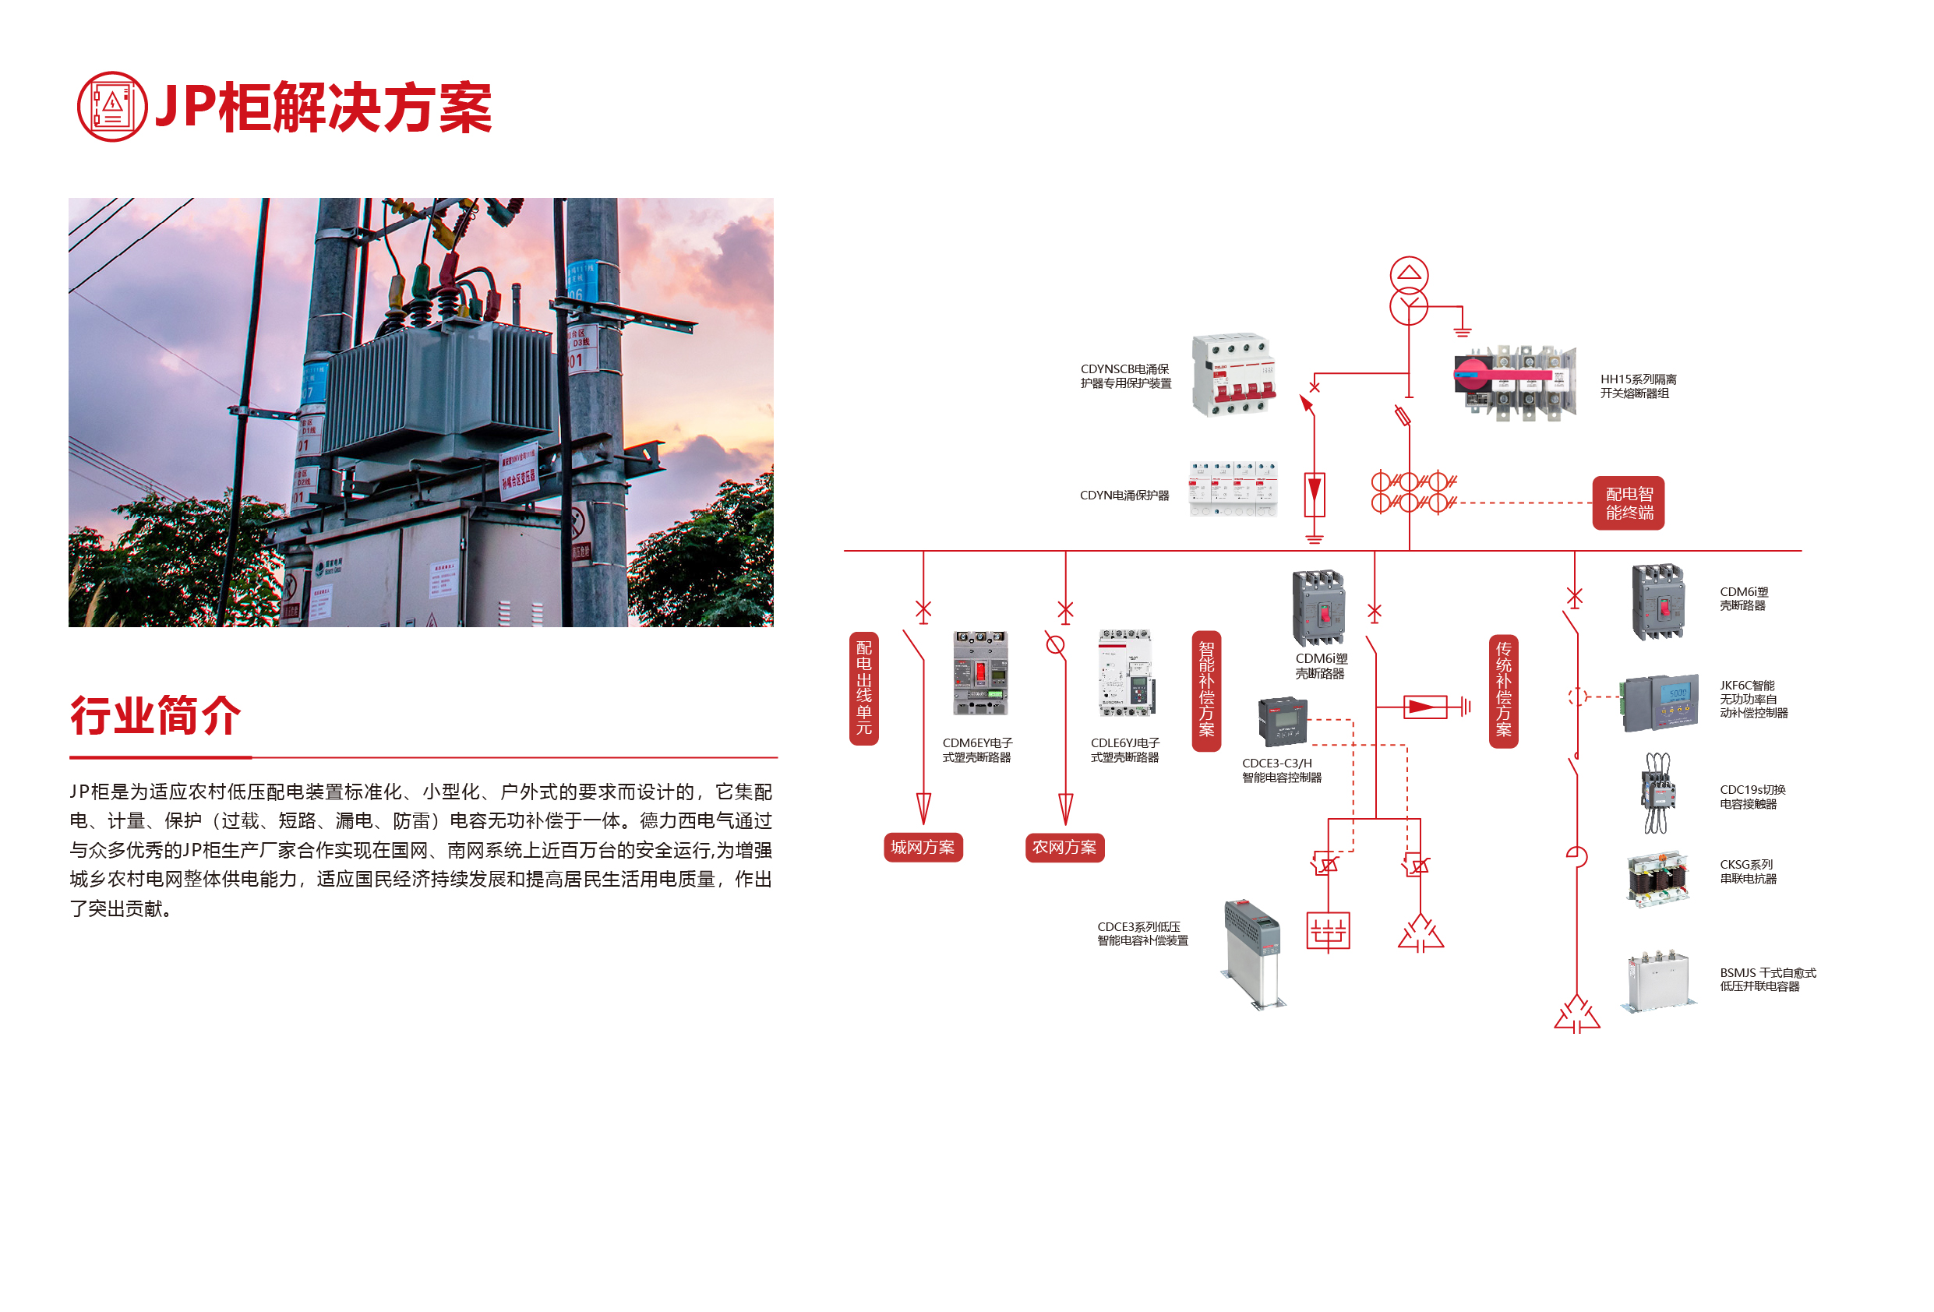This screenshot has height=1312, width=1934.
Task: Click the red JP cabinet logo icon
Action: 111,107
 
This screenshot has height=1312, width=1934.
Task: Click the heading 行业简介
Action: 156,715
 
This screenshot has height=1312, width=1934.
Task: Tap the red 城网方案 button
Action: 922,847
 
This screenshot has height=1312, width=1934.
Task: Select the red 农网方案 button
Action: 1064,847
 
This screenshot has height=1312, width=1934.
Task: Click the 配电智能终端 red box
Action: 1628,503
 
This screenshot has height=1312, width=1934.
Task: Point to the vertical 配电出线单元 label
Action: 864,688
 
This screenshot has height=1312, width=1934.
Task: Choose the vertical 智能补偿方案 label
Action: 1206,690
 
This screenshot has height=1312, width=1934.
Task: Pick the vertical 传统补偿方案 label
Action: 1503,690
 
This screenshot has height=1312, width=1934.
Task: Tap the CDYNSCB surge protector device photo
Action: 1233,376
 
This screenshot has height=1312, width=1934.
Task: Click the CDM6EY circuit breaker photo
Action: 980,673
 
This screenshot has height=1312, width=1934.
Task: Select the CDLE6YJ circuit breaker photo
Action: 1126,673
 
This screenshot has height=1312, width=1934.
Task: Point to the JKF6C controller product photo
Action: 1660,701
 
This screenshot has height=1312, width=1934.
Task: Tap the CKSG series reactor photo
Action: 1657,878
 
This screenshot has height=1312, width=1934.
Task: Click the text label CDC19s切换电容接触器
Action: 1752,796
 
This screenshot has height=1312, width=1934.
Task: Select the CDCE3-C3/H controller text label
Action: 1281,770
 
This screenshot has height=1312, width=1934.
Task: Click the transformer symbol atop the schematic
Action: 1408,291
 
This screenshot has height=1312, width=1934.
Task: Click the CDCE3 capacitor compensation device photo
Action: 1253,953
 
